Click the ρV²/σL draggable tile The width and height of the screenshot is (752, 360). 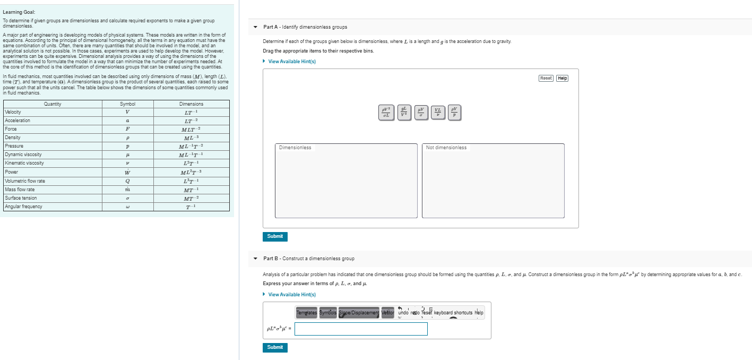tap(386, 113)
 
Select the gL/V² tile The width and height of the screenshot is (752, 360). tap(404, 113)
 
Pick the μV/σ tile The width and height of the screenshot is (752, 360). tap(421, 113)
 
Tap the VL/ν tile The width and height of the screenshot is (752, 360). tap(438, 113)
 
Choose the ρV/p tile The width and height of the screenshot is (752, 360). tap(454, 113)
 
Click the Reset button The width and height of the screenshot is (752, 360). tap(546, 78)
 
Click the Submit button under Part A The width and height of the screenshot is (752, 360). tap(275, 236)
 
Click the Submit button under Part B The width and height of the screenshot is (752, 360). tap(275, 347)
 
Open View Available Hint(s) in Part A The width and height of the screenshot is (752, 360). tap(292, 62)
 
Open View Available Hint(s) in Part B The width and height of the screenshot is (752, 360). tap(292, 295)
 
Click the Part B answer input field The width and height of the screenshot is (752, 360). tap(361, 329)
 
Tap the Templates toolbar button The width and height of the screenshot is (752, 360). tap(306, 313)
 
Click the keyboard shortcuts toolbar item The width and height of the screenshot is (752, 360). tap(453, 313)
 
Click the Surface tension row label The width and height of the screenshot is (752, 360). tap(21, 198)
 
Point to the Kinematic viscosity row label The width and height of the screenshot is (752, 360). tap(24, 163)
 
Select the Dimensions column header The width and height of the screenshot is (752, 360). tap(191, 104)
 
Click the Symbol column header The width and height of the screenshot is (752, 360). tap(127, 104)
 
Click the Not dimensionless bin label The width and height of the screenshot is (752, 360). tap(446, 148)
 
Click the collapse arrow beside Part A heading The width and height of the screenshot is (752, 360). tap(255, 27)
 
